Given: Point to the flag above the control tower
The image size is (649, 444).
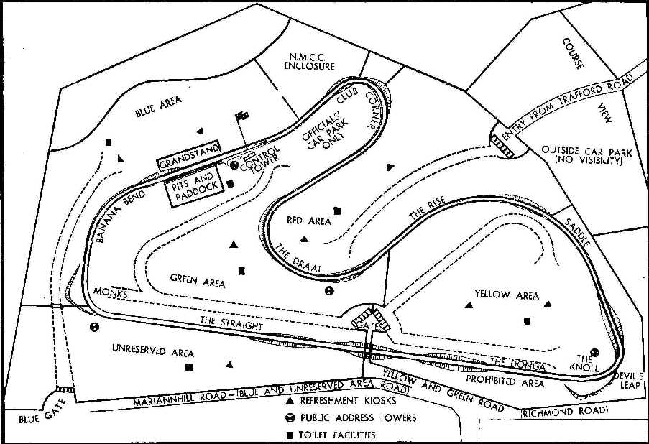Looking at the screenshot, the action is click(x=242, y=116).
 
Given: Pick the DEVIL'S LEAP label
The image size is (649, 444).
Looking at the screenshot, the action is click(x=631, y=380).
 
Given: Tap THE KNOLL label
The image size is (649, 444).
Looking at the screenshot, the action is click(x=584, y=363).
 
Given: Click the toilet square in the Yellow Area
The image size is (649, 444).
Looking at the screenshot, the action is click(x=528, y=320).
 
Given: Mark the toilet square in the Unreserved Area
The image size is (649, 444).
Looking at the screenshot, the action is click(x=189, y=367).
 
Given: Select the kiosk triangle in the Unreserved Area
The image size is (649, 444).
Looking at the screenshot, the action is click(x=229, y=364).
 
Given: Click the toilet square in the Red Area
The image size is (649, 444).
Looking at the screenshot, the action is click(x=337, y=211).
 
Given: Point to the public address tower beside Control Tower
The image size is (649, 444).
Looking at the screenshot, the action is click(x=234, y=165).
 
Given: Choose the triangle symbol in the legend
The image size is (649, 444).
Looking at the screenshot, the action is click(x=289, y=401).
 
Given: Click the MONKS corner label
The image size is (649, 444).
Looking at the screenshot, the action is click(x=111, y=295).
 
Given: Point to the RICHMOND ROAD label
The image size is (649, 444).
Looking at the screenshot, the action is click(x=565, y=412).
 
